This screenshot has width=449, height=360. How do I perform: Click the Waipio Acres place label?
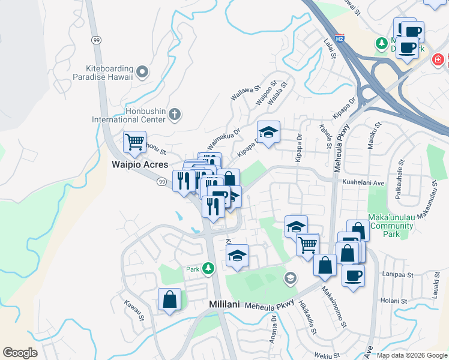point(140,164)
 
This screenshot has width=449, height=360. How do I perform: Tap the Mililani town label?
point(224,304)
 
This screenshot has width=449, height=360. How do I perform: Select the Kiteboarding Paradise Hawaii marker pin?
point(142,73)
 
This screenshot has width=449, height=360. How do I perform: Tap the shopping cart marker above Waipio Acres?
point(134,143)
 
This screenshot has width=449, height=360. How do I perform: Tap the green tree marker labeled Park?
point(208,268)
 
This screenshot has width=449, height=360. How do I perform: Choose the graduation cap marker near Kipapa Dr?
point(268,133)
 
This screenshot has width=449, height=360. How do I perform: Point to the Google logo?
point(20,353)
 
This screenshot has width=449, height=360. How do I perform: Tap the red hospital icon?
point(439,61)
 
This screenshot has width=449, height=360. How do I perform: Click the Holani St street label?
point(394,301)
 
